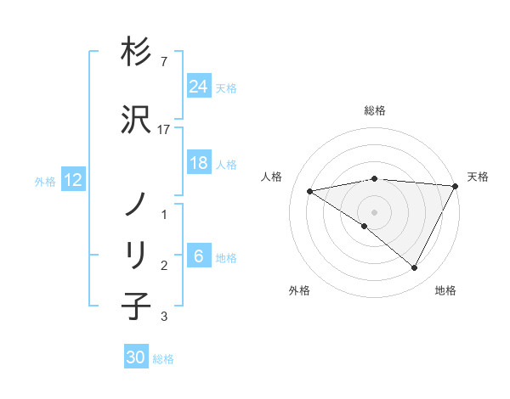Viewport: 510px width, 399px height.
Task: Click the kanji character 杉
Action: click(x=136, y=53)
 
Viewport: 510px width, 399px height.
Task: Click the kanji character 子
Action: click(x=136, y=305)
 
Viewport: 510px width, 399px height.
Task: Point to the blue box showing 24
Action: click(x=199, y=87)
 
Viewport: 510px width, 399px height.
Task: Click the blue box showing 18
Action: click(x=199, y=163)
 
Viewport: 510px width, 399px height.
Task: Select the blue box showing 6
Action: click(x=199, y=256)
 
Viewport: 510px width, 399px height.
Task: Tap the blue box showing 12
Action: click(x=73, y=180)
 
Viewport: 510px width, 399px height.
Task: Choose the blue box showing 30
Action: click(x=136, y=357)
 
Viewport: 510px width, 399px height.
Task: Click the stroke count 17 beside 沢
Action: click(x=165, y=129)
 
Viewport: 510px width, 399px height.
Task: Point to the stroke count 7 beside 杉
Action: click(x=163, y=62)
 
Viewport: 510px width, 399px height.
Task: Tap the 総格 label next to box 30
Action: click(x=164, y=358)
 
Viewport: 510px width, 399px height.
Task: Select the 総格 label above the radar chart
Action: click(x=374, y=110)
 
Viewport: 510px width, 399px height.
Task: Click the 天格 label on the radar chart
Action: click(x=478, y=177)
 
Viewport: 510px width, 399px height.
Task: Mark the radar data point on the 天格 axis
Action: click(x=456, y=186)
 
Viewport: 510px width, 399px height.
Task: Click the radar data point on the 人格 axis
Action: click(x=310, y=191)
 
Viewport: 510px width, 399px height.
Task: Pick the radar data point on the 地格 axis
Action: click(x=415, y=268)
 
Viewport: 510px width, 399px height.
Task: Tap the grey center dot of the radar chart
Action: click(x=374, y=211)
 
